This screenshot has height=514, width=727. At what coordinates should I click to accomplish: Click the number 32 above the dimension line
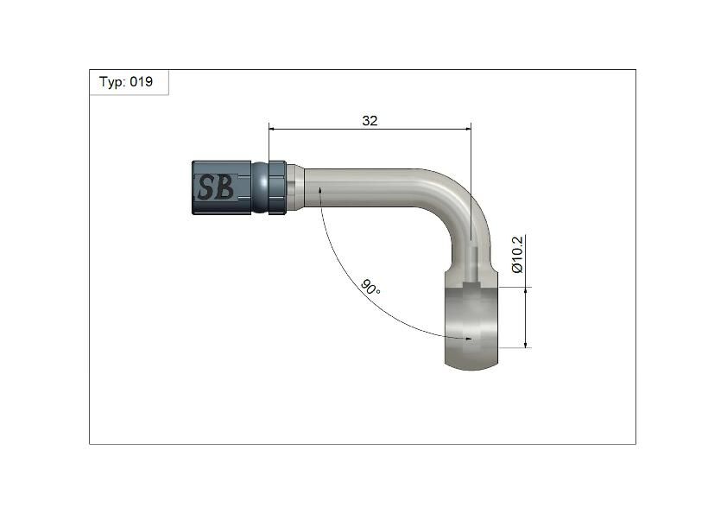(370, 121)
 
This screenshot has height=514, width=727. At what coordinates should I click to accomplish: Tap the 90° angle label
(370, 288)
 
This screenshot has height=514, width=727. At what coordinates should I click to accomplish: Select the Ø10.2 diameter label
(517, 254)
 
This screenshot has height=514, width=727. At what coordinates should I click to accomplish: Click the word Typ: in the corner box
(112, 82)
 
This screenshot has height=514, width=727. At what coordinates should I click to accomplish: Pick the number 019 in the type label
(142, 82)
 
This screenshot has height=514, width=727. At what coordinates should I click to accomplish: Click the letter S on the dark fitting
(206, 187)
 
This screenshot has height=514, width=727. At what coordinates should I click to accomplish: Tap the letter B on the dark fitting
(224, 187)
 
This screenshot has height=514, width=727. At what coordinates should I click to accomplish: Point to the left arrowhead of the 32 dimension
(273, 130)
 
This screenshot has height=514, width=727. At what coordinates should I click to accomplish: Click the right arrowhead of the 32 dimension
(467, 130)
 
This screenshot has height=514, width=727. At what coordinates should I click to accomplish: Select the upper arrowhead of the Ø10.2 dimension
(525, 291)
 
